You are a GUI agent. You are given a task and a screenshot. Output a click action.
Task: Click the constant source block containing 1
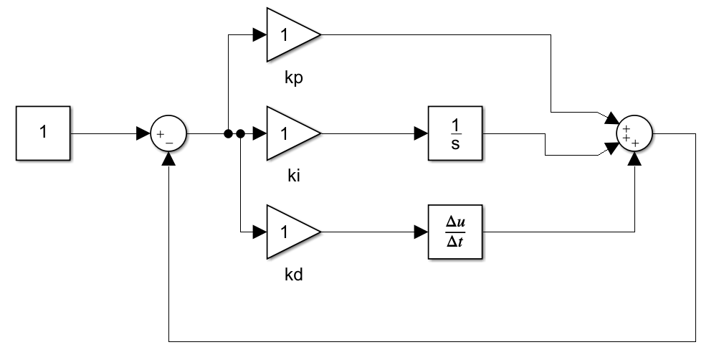tap(42, 133)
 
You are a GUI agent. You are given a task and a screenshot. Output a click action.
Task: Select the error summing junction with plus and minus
tap(168, 134)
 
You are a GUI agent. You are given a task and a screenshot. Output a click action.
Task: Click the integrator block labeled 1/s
tap(455, 133)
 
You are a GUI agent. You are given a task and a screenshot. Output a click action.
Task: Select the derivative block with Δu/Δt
tap(455, 232)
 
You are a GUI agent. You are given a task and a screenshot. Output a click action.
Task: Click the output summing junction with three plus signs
tap(634, 134)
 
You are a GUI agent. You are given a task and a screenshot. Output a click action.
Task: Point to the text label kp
tap(294, 77)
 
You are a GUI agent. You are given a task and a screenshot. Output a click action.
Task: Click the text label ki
tap(292, 176)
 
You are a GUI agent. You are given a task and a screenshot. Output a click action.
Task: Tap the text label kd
tap(294, 274)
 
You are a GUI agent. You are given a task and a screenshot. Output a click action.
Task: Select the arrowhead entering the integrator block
tap(421, 133)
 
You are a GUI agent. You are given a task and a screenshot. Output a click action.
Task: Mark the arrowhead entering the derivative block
tap(421, 232)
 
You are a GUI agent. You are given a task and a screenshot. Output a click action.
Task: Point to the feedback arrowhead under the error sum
tap(168, 158)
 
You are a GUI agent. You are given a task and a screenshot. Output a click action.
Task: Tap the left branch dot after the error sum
tap(228, 133)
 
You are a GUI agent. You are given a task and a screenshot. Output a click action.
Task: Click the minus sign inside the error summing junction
tap(169, 142)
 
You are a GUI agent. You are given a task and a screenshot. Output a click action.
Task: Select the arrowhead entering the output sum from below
tap(634, 158)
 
